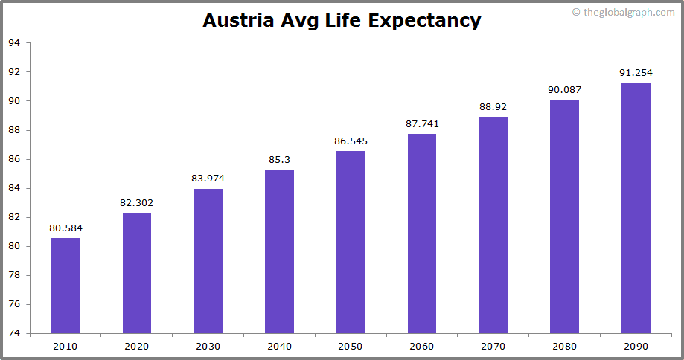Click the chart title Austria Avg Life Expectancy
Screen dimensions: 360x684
click(x=342, y=20)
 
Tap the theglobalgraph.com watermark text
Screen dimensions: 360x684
click(x=628, y=12)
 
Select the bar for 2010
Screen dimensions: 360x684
click(x=65, y=286)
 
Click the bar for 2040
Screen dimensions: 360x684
click(x=279, y=251)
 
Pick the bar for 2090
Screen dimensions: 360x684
click(x=636, y=208)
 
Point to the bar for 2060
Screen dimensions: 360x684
click(x=422, y=234)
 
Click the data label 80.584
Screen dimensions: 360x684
click(x=65, y=228)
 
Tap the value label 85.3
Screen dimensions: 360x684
click(x=279, y=159)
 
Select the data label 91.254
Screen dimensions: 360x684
click(x=636, y=72)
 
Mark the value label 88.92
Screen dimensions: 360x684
click(x=493, y=106)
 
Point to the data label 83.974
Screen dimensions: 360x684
click(x=208, y=178)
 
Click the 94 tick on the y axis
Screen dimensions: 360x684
click(x=14, y=43)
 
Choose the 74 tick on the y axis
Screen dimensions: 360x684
click(x=14, y=333)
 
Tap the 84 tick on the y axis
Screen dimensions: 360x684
click(x=14, y=188)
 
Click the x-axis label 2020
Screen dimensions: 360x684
click(x=137, y=346)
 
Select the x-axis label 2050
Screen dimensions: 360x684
click(x=351, y=346)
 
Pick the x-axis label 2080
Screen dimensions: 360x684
click(x=564, y=346)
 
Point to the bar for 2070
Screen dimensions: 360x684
click(x=493, y=225)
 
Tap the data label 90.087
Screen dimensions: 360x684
click(x=564, y=89)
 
